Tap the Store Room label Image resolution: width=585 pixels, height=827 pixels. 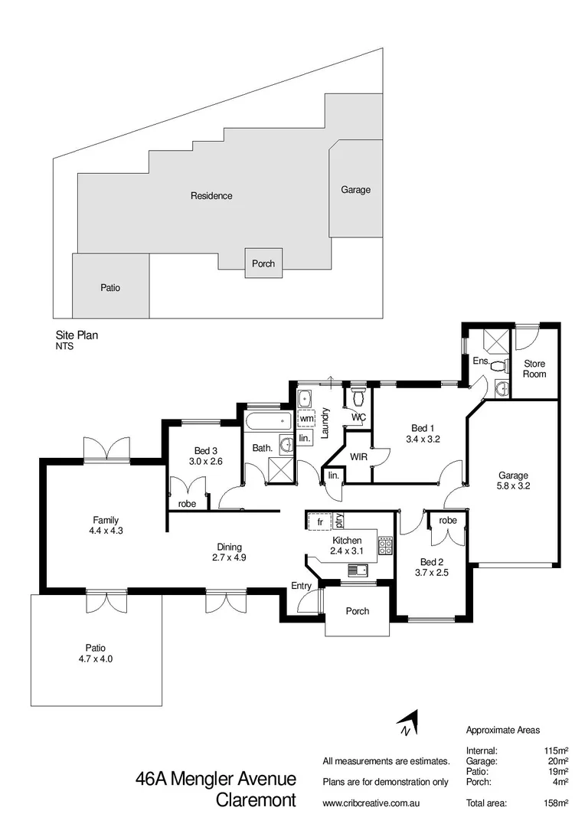pyautogui.click(x=534, y=369)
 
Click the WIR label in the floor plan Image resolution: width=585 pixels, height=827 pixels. pyautogui.click(x=359, y=456)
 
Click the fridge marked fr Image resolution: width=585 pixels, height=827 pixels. pyautogui.click(x=319, y=521)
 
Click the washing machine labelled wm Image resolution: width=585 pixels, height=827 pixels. pyautogui.click(x=306, y=419)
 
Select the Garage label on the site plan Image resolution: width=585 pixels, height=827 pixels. pyautogui.click(x=355, y=189)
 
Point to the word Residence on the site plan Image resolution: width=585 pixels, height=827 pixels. pyautogui.click(x=211, y=196)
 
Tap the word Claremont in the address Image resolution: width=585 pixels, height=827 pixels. pyautogui.click(x=257, y=801)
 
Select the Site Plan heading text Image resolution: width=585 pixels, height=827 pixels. pyautogui.click(x=77, y=335)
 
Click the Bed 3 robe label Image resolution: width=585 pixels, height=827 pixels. pyautogui.click(x=187, y=504)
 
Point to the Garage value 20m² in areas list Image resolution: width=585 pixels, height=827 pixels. pyautogui.click(x=555, y=761)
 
